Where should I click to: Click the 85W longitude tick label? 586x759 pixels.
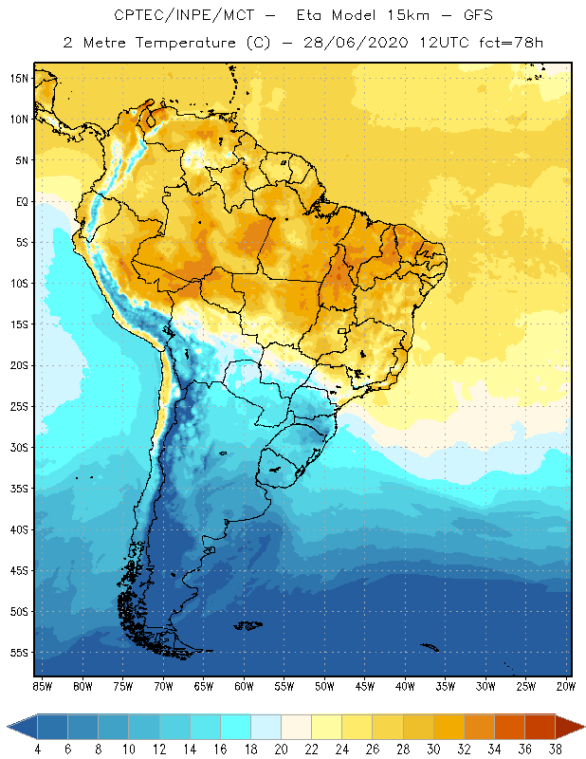point(43,686)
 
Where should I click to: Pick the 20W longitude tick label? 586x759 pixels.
point(564,686)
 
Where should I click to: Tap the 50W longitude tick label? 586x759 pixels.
point(325,686)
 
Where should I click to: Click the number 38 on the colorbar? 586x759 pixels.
point(555,750)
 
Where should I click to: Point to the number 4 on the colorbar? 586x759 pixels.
point(38,750)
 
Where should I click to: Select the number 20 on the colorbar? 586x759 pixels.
point(281,750)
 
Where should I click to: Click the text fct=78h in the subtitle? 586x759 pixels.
point(507,43)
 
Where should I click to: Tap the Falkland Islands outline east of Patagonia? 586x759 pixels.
point(248,624)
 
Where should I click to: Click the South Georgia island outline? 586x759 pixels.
point(430,648)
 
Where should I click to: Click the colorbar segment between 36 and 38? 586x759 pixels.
point(540,727)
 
